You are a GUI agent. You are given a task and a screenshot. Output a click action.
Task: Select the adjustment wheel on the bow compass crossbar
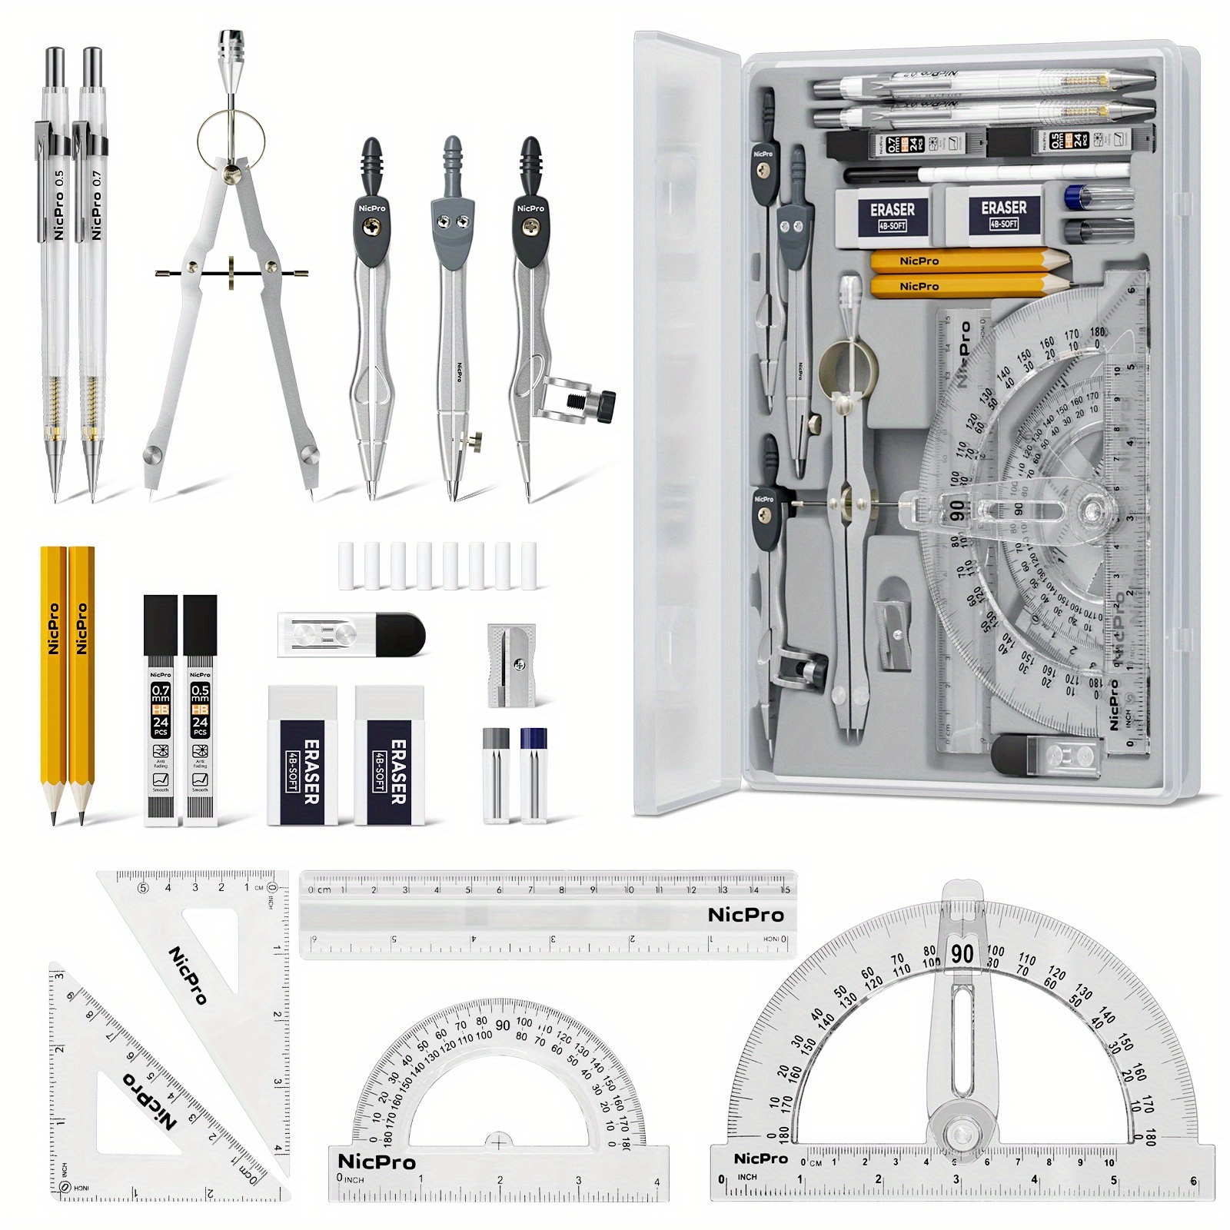(x=231, y=274)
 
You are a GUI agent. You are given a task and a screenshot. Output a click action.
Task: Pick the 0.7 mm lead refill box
(x=160, y=711)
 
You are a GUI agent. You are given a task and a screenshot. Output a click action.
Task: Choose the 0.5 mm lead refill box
(x=200, y=711)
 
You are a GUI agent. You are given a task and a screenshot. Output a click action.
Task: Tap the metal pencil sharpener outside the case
(x=511, y=665)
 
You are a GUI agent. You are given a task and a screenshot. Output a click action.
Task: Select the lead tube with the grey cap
(x=496, y=776)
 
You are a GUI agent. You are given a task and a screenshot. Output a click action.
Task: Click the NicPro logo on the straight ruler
(x=746, y=915)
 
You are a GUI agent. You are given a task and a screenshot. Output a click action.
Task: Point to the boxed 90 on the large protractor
(x=962, y=954)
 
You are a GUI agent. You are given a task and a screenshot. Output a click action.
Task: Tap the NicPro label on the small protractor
(x=377, y=1162)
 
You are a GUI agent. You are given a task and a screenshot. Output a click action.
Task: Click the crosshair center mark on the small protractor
(x=498, y=1143)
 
